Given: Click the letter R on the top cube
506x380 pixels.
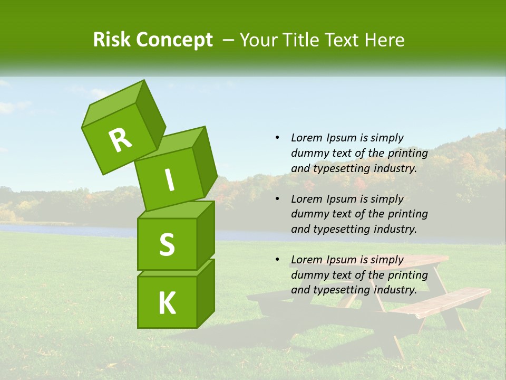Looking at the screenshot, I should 120,140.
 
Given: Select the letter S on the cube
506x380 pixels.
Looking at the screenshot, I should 167,244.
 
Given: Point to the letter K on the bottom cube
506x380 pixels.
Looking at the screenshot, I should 167,303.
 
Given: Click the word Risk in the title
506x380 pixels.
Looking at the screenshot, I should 112,40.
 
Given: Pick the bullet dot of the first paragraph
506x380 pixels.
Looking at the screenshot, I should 277,138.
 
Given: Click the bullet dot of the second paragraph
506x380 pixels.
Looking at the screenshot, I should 277,199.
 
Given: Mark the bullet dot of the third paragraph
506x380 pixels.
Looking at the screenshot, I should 277,260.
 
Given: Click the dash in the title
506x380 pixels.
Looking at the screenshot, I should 229,40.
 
